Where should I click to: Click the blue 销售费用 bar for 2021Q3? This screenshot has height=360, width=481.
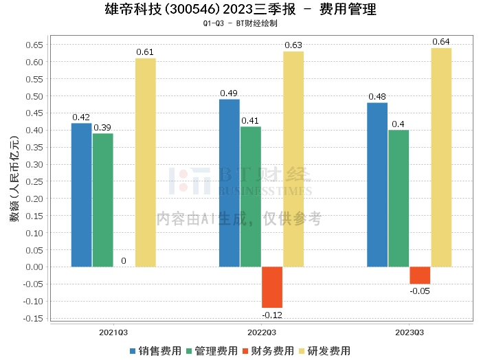click(x=81, y=194)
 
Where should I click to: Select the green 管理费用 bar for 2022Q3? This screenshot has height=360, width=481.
click(x=251, y=196)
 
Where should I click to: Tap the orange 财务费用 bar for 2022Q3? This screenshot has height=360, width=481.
click(x=272, y=287)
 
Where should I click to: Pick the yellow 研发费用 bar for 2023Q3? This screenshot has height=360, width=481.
click(x=441, y=157)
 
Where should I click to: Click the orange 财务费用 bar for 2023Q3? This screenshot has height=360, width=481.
click(x=420, y=275)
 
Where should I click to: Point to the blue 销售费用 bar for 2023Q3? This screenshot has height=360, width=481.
click(x=377, y=184)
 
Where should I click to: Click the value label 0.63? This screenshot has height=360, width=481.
click(x=293, y=45)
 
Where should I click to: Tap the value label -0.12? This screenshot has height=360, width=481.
click(x=272, y=315)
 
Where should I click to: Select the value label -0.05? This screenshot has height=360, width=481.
click(x=420, y=291)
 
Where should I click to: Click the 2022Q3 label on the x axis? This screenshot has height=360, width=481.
click(x=261, y=332)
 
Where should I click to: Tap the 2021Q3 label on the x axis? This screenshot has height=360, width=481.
click(x=113, y=332)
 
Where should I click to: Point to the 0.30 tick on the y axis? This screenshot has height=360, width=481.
click(x=34, y=164)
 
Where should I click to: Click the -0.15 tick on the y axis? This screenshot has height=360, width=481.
click(x=32, y=318)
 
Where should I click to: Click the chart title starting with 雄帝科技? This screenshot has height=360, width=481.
click(x=240, y=10)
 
